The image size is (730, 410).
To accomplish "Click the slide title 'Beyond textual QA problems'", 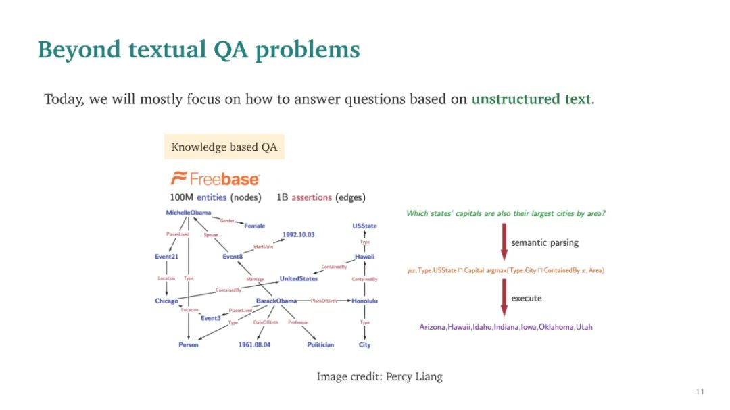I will pyautogui.click(x=199, y=50).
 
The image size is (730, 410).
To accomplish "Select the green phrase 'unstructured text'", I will pyautogui.click(x=531, y=99).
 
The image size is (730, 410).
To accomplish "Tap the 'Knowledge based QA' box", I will pyautogui.click(x=224, y=147).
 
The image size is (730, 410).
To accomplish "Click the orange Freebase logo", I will pyautogui.click(x=215, y=179).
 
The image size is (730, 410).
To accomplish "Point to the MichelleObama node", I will pyautogui.click(x=189, y=213).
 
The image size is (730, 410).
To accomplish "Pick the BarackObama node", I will pyautogui.click(x=276, y=301).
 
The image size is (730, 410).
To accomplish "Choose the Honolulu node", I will pyautogui.click(x=364, y=301).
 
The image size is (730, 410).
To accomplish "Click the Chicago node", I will pyautogui.click(x=166, y=301).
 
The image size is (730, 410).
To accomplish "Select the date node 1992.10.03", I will pyautogui.click(x=298, y=234).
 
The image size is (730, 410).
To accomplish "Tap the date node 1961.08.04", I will pyautogui.click(x=254, y=344).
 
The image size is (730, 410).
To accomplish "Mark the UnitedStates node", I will pyautogui.click(x=299, y=278).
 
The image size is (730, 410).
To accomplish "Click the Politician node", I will pyautogui.click(x=320, y=344).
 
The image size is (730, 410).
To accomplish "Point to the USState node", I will pyautogui.click(x=364, y=226).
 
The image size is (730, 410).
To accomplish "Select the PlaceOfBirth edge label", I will pyautogui.click(x=324, y=301).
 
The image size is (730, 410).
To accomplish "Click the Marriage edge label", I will pyautogui.click(x=255, y=279).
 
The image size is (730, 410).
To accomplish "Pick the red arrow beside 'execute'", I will pyautogui.click(x=504, y=299).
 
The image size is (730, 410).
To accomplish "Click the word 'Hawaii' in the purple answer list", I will pyautogui.click(x=462, y=327).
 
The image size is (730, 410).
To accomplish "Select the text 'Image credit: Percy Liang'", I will pyautogui.click(x=379, y=376).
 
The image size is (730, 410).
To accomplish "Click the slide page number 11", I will pyautogui.click(x=700, y=392).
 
